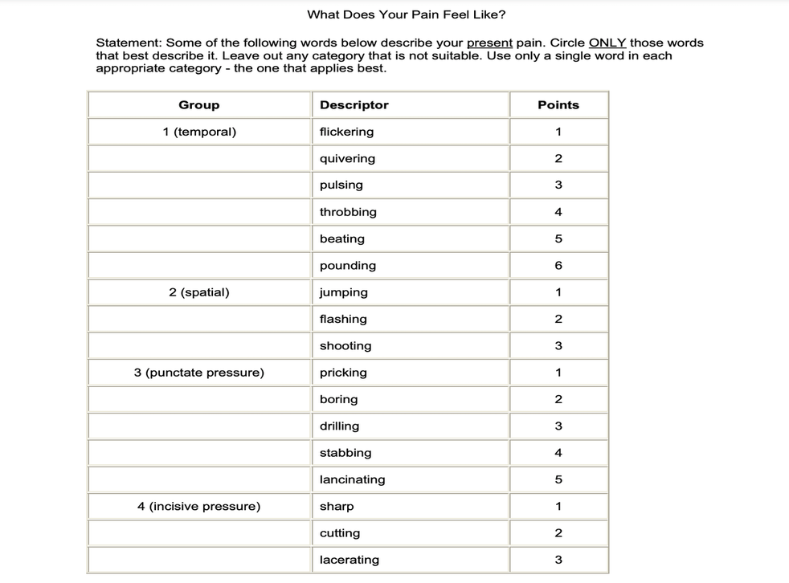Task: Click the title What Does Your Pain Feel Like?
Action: pos(407,14)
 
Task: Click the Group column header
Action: pos(198,105)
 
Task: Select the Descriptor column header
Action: pos(354,105)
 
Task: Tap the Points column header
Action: pos(558,105)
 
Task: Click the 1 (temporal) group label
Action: pos(199,132)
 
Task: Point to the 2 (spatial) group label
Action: pos(199,292)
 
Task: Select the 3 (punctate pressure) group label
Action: pos(199,373)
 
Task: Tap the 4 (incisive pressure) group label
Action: pos(199,507)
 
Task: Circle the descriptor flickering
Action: pos(346,132)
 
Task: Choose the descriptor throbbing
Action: pos(348,212)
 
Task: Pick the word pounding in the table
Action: pos(348,266)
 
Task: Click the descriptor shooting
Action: pos(345,346)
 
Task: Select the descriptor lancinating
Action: pos(352,479)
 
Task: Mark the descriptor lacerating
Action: pos(350,560)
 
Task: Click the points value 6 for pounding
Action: pos(558,266)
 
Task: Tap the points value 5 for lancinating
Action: pos(558,479)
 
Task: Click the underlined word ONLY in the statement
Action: pos(607,43)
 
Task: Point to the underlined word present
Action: pos(489,43)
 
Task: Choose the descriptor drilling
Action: pos(339,426)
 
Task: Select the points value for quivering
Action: pos(558,159)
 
